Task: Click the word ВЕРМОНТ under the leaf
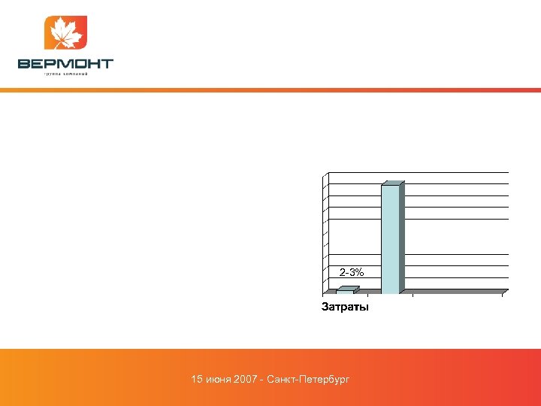point(65,64)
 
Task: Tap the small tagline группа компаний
point(66,74)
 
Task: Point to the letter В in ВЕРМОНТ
point(24,64)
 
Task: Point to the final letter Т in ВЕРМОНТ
point(107,64)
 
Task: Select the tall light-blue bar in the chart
point(390,238)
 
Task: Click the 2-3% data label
point(352,271)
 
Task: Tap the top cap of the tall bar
point(394,183)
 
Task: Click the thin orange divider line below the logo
point(270,90)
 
